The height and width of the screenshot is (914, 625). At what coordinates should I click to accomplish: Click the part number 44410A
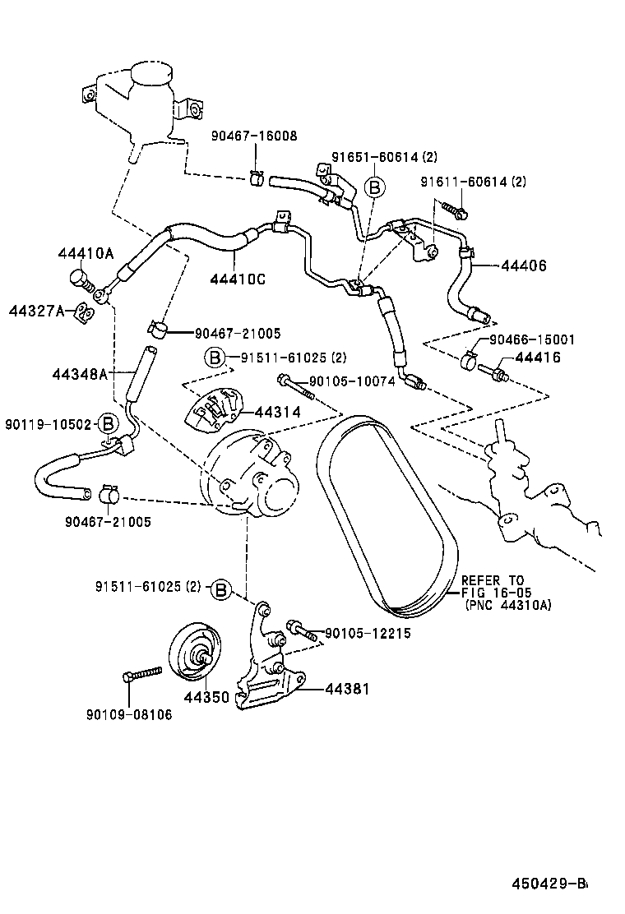pyautogui.click(x=85, y=253)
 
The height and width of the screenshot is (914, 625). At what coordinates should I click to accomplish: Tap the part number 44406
pyautogui.click(x=523, y=265)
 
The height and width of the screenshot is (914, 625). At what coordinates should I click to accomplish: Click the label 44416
pyautogui.click(x=538, y=357)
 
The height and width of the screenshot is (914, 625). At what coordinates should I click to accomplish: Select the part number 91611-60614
pyautogui.click(x=465, y=182)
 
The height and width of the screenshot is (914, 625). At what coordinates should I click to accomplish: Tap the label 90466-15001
pyautogui.click(x=532, y=339)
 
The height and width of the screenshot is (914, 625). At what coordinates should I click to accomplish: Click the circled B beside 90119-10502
pyautogui.click(x=108, y=423)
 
